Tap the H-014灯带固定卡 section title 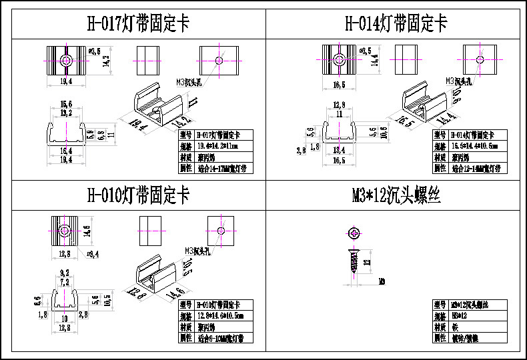[396, 24]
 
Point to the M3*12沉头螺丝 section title [396, 195]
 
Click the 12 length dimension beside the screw [366, 262]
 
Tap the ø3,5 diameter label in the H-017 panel [95, 51]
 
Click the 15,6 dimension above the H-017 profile [66, 104]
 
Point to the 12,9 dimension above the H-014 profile [339, 106]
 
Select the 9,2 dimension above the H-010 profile [65, 273]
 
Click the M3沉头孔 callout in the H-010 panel [198, 251]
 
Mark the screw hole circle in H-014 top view [339, 60]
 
